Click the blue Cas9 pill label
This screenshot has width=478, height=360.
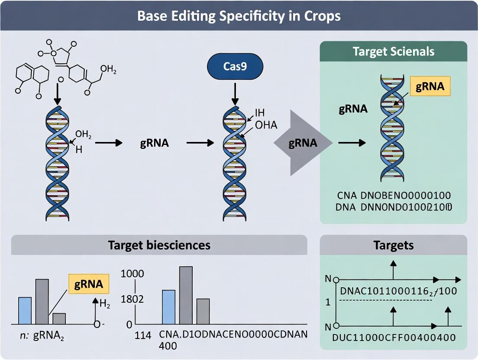point(234,67)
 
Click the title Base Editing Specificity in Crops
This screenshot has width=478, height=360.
point(239,16)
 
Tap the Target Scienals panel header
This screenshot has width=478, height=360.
point(393,51)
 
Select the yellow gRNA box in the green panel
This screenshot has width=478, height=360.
point(430,86)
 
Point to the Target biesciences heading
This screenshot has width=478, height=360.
point(159,245)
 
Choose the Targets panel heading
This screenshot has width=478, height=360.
point(393,245)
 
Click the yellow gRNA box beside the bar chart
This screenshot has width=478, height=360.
point(89,284)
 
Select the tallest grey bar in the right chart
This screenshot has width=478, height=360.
point(186,295)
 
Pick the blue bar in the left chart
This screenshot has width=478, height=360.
point(25,311)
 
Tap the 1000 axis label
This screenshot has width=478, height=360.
point(132,273)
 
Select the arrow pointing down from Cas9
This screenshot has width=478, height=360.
point(234,93)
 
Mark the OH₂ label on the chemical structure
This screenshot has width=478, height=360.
point(108,69)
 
